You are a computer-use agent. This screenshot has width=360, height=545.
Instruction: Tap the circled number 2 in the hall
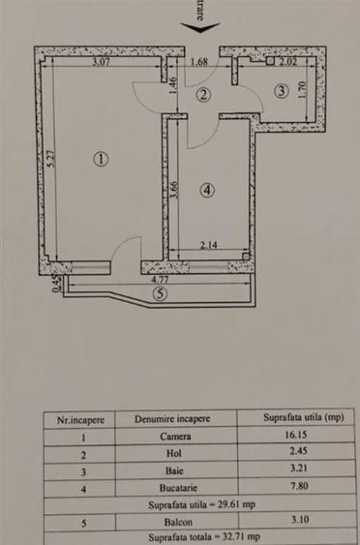pyautogui.click(x=202, y=94)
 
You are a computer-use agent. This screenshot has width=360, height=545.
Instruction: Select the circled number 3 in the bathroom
pyautogui.click(x=282, y=91)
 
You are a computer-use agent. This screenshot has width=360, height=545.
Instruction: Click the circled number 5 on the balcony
pyautogui.click(x=160, y=296)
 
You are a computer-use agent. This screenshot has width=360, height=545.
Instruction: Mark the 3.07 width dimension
pyautogui.click(x=103, y=62)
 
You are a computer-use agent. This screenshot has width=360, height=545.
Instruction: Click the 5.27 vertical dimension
pyautogui.click(x=49, y=161)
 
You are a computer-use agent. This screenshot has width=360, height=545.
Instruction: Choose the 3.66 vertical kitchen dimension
pyautogui.click(x=174, y=190)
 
